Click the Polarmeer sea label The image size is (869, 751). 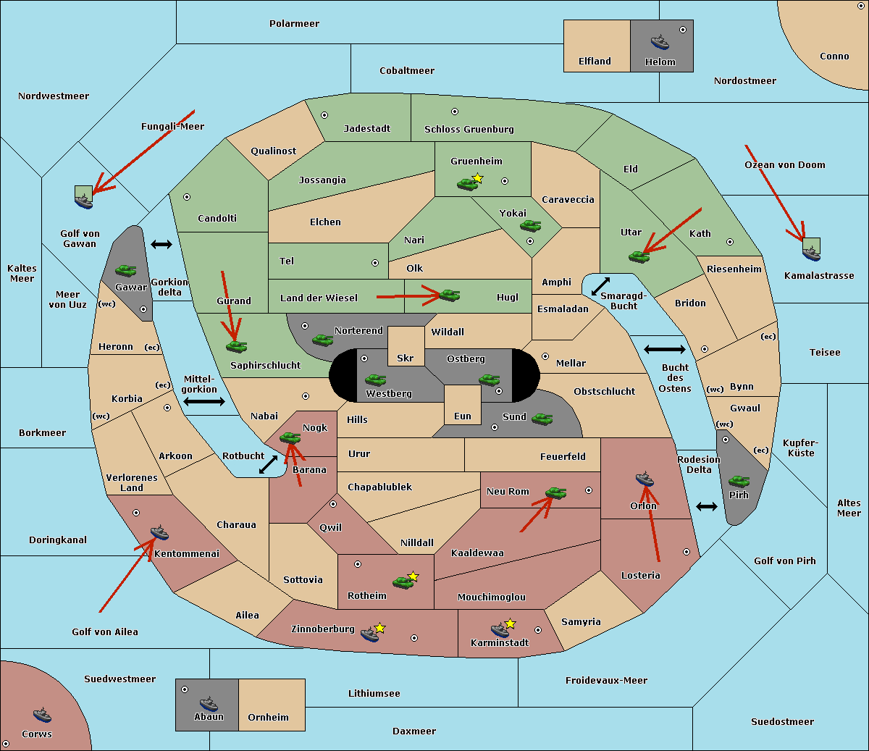[x=294, y=24]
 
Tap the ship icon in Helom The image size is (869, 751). [x=660, y=41]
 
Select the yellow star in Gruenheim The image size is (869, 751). [x=478, y=178]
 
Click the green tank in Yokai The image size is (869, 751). [x=530, y=226]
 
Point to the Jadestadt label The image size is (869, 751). [x=367, y=129]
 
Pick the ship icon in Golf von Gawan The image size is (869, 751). [x=84, y=201]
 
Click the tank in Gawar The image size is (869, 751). [x=126, y=270]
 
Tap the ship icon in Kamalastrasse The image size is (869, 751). [x=811, y=253]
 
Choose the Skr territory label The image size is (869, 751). [x=406, y=358]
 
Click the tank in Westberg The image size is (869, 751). [x=375, y=379]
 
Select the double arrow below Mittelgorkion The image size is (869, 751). [x=204, y=401]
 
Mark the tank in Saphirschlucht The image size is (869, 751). [x=236, y=346]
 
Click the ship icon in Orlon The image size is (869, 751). [x=645, y=479]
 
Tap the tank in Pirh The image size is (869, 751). [x=739, y=481]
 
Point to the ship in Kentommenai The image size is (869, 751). [x=159, y=532]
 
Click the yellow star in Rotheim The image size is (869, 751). [x=413, y=576]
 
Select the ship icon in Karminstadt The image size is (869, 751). [x=500, y=630]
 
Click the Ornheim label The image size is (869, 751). [x=268, y=717]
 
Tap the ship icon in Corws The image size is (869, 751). [x=42, y=715]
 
